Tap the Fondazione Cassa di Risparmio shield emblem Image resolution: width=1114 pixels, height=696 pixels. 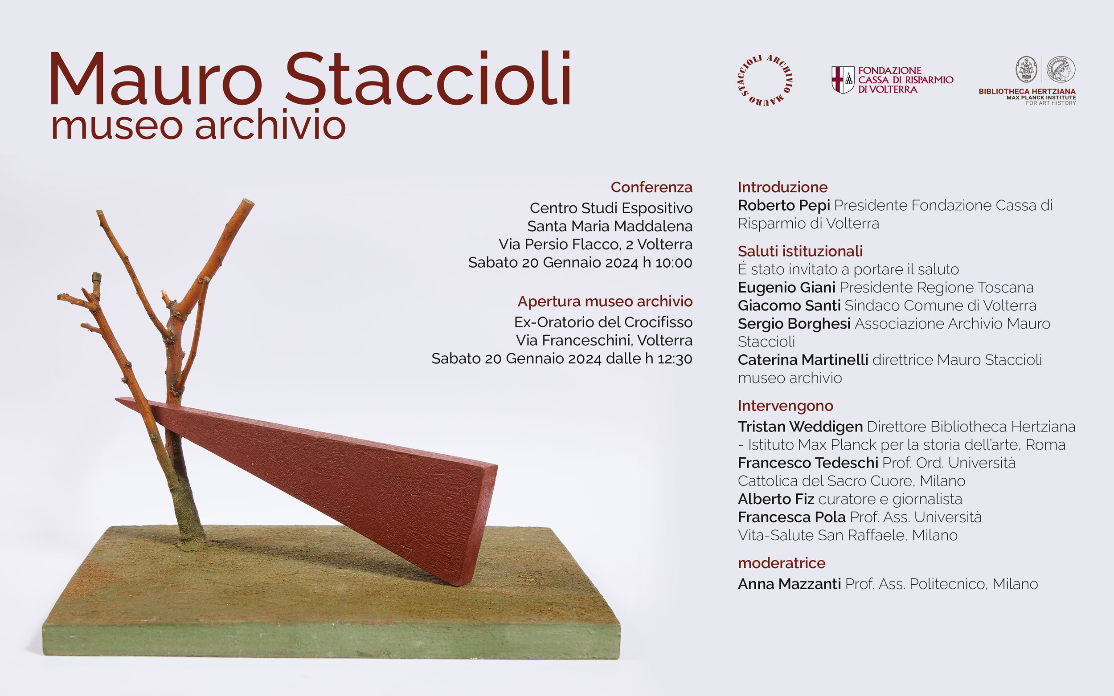tap(843, 80)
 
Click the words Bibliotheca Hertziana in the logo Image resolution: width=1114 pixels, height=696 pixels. tap(1027, 92)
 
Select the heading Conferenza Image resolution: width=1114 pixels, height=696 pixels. tap(651, 187)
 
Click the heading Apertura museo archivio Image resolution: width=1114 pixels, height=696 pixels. tap(605, 301)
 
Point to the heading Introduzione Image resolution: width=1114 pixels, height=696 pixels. tap(782, 187)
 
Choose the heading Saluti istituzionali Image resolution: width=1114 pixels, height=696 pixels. tap(800, 251)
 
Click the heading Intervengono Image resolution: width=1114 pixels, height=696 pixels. tap(785, 406)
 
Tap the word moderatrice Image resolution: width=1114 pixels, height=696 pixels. tap(782, 563)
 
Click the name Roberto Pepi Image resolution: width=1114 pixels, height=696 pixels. tap(784, 206)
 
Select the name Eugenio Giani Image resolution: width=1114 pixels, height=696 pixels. tap(786, 288)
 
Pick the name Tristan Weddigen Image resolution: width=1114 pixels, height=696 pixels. tap(800, 427)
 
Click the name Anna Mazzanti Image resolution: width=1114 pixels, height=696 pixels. tap(789, 584)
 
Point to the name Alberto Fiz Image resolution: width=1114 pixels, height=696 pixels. tap(776, 499)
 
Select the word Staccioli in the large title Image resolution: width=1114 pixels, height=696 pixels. tap(429, 78)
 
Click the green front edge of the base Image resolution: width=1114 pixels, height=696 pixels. tap(332, 640)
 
